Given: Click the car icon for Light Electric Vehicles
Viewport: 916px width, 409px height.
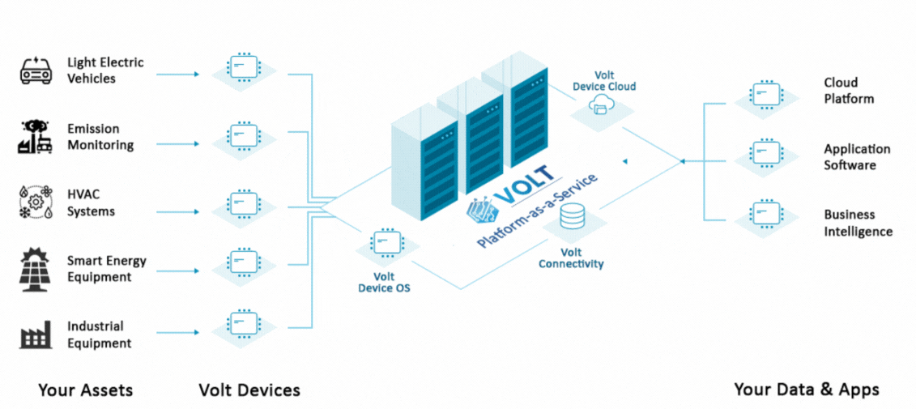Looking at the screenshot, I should [x=36, y=70].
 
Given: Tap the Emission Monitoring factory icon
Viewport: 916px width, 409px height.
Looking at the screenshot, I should [x=36, y=137].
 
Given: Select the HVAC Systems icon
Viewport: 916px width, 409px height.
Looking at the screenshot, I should [x=36, y=202].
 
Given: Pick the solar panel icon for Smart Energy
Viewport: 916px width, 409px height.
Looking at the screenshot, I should [x=36, y=269].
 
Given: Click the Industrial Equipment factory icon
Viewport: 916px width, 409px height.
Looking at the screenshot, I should [x=36, y=334].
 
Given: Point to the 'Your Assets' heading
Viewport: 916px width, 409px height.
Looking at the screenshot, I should [x=85, y=390].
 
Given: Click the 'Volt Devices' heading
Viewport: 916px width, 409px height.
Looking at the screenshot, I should [x=249, y=390].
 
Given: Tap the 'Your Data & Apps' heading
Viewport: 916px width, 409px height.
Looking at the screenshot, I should [x=806, y=390].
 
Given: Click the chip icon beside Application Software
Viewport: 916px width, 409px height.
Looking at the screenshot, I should [x=764, y=151].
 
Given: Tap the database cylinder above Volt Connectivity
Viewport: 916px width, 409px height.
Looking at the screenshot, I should [x=572, y=215].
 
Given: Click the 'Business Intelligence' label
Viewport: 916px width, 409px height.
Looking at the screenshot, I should [x=858, y=223].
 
